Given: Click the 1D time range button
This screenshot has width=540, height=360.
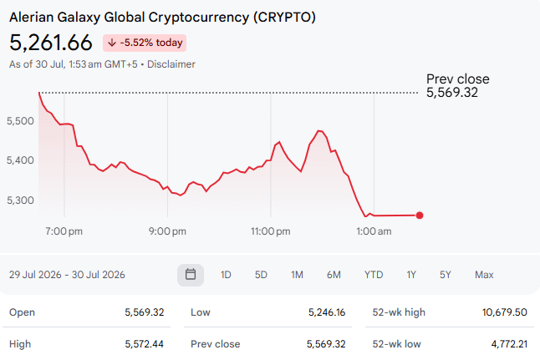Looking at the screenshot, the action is point(226,275).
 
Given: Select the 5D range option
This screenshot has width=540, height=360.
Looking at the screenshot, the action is point(261,275).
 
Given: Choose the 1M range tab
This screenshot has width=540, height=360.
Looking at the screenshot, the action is point(297,275).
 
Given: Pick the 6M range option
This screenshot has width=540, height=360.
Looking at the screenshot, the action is point(334,275).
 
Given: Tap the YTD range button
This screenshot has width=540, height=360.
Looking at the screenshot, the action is point(374,275).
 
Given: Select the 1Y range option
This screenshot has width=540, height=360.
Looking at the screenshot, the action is point(411,275).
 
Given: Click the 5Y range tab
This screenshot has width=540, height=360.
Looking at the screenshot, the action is point(445,275).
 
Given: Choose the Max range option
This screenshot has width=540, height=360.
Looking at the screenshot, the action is point(484,275).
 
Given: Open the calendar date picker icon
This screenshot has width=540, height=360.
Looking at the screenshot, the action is point(191,275).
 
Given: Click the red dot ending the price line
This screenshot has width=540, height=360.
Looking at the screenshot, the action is point(420,215).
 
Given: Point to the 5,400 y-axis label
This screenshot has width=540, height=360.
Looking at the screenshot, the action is point(20,160).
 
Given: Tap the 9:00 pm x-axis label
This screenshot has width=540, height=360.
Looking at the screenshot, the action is point(167,231).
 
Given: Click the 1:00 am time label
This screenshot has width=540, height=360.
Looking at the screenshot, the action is point(374,231).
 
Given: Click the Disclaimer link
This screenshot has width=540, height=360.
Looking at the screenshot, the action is point(171,64).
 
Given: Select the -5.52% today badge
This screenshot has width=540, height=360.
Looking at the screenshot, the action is point(145,43).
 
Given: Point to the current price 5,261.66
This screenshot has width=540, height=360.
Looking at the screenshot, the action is point(51,43).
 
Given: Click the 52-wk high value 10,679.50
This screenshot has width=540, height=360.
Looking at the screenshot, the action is point(505,312).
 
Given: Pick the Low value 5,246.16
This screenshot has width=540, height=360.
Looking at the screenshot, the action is point(327,312).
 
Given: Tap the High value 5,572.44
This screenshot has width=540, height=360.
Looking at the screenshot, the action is point(145,344).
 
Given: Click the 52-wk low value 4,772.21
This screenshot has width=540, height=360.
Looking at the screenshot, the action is point(509,344).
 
